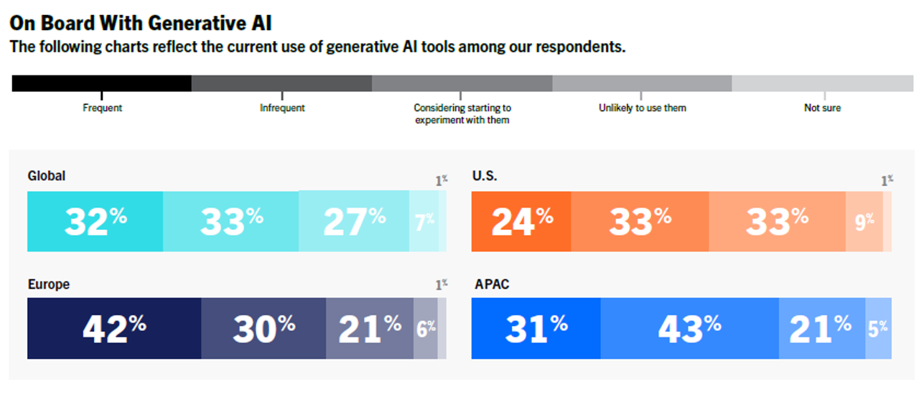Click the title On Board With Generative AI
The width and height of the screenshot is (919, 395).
(140, 23)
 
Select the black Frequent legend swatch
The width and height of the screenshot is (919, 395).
(101, 83)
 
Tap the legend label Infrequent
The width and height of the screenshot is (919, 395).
(282, 108)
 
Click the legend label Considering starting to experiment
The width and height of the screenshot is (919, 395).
(462, 113)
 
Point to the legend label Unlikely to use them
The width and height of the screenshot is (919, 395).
(643, 108)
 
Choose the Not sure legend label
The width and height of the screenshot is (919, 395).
(822, 108)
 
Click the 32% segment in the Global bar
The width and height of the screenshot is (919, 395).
(95, 221)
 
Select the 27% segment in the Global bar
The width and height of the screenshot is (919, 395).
(354, 221)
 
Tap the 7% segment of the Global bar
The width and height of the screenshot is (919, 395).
(424, 221)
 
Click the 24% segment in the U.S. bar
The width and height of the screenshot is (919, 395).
(521, 221)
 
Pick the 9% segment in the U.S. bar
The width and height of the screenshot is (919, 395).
(864, 221)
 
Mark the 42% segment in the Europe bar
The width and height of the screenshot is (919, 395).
(114, 328)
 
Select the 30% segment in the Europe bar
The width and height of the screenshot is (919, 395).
(263, 328)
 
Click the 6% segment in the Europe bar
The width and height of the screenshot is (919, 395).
(425, 328)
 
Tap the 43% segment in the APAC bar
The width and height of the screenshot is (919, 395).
(689, 328)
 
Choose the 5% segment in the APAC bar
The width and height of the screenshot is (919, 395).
(878, 328)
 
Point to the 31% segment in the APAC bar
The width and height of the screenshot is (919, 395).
(536, 328)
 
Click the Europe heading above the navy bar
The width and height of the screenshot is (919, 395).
(49, 284)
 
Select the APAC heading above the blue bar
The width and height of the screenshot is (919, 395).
(492, 284)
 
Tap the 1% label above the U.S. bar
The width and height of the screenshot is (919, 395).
(887, 181)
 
